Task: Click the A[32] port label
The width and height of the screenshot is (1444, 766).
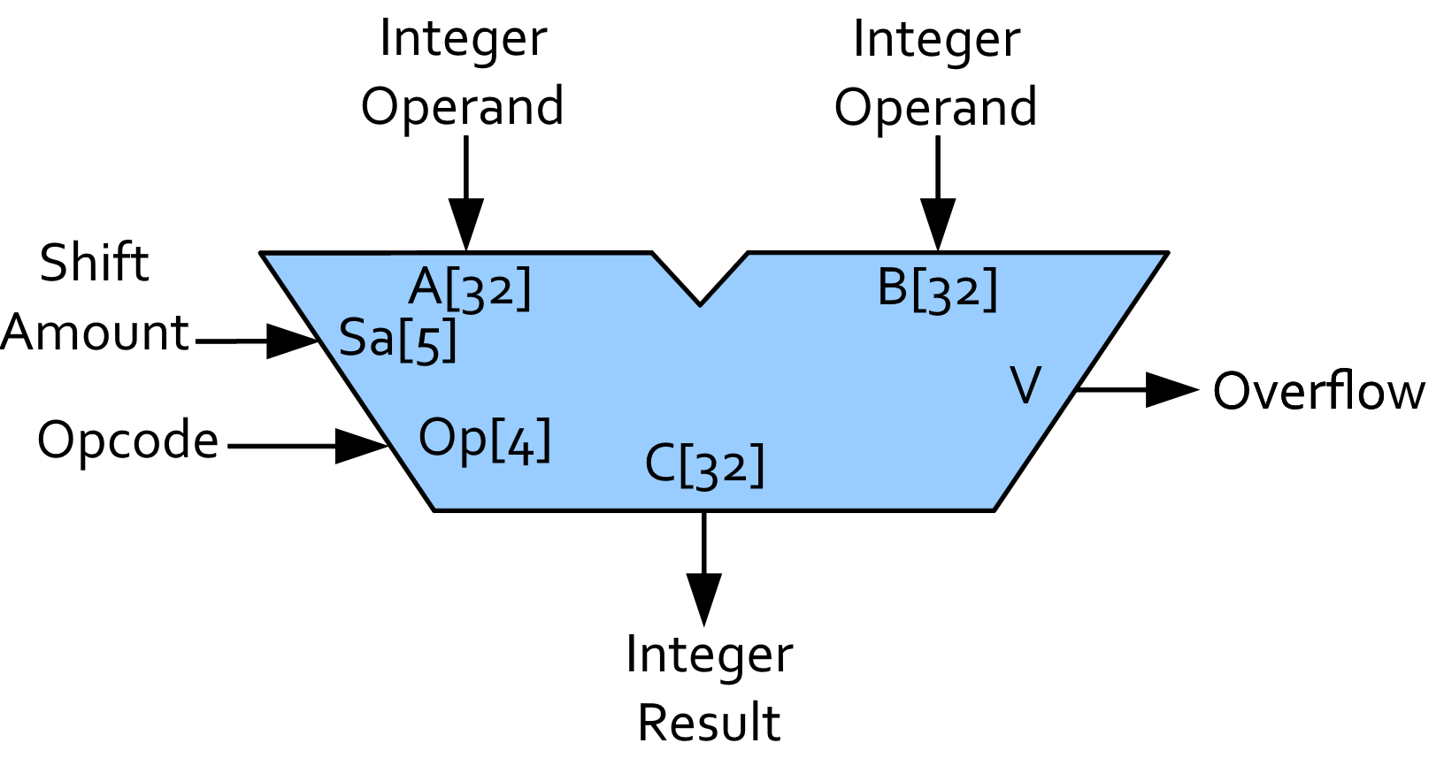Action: pos(470,288)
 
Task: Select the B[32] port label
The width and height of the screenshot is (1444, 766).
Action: pos(937,288)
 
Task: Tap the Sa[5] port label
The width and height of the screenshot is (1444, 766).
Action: pos(397,339)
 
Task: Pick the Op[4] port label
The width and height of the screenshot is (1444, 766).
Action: pos(484,439)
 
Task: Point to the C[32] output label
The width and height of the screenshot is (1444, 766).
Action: pos(704,464)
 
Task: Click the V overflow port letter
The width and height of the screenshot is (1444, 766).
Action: pos(1025,387)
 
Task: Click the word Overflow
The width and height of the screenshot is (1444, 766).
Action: pos(1318,391)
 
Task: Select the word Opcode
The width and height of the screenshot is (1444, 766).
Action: pos(127,440)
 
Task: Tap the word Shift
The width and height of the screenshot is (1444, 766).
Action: pos(94,264)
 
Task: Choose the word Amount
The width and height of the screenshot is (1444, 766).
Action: pos(95,333)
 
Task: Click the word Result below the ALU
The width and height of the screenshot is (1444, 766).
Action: pos(709,723)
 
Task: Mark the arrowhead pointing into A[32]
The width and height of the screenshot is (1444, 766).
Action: pos(466,225)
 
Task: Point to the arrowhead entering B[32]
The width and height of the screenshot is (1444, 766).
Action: pos(938,225)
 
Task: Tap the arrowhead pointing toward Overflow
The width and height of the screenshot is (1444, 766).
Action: pos(1171,389)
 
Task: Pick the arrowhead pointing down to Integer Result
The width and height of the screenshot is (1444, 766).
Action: pos(704,599)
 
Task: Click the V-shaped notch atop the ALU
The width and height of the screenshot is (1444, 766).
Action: pos(700,283)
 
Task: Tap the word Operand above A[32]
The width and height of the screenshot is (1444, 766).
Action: pos(462,107)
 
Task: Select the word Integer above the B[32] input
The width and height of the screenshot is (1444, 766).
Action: pos(936,40)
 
